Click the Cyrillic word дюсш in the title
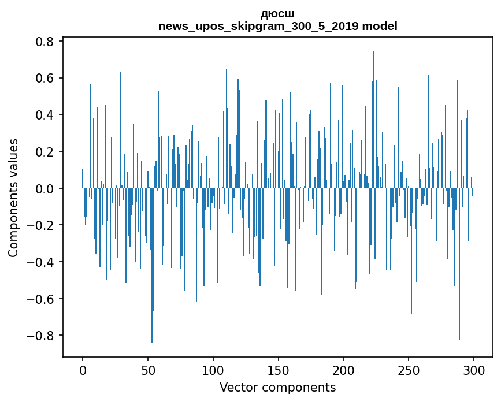[x=277, y=14]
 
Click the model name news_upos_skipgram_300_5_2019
[x=258, y=26]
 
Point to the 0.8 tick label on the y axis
[x=44, y=42]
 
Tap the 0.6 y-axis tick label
[x=44, y=78]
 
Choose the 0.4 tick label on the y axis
[x=44, y=115]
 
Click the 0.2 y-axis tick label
[x=44, y=152]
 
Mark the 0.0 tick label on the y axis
[x=44, y=188]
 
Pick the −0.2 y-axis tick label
[x=40, y=225]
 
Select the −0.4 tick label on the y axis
[x=40, y=262]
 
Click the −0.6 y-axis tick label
[x=40, y=299]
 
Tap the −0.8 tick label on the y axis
[x=40, y=336]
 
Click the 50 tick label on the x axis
[x=148, y=371]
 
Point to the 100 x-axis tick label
[x=213, y=371]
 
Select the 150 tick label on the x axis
[x=279, y=371]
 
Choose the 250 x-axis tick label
[x=409, y=371]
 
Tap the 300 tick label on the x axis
[x=474, y=371]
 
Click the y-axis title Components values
[x=13, y=198]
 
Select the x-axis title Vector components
[x=277, y=388]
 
